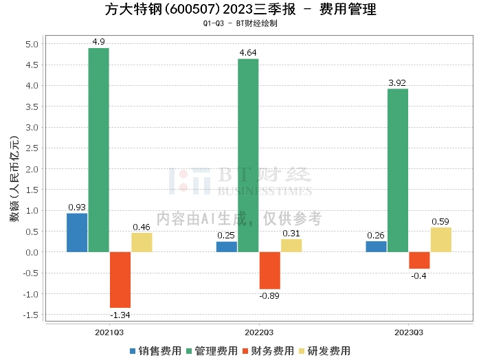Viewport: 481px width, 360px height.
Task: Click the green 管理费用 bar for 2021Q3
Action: pos(98,150)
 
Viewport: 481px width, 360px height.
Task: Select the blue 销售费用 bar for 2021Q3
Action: pos(77,233)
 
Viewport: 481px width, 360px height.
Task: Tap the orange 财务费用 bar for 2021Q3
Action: pos(120,280)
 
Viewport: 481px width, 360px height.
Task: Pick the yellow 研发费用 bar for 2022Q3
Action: pos(291,245)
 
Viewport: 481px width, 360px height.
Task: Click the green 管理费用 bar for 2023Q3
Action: pos(397,170)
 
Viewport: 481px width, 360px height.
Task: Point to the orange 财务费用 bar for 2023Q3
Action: pos(419,260)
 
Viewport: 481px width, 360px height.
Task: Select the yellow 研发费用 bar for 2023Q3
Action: pos(440,240)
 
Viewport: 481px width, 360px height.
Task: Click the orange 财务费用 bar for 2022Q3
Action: pos(270,271)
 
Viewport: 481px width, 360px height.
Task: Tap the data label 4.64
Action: pos(248,52)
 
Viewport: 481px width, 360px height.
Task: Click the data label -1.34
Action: pos(120,315)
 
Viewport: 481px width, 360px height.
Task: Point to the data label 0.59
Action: pos(440,221)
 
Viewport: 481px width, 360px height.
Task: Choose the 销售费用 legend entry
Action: pos(153,351)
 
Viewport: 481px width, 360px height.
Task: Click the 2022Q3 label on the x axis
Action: pos(259,332)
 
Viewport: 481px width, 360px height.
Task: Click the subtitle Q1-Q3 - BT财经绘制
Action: pos(240,23)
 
